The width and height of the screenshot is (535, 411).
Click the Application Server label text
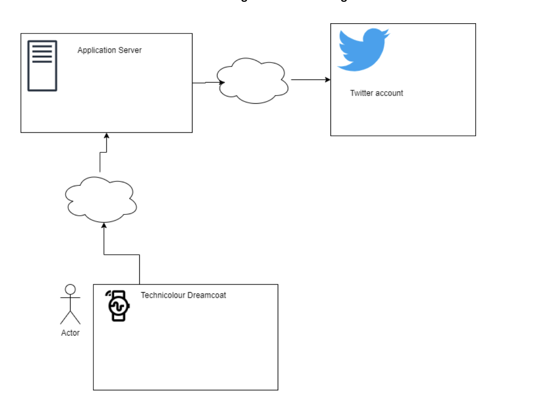[x=109, y=50]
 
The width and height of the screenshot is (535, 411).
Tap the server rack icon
[x=42, y=66]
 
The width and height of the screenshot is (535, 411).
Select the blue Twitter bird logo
[x=363, y=49]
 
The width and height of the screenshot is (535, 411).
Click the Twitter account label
[x=376, y=93]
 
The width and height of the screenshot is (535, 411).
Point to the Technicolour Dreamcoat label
[x=183, y=295]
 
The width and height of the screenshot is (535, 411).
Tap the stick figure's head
[x=70, y=289]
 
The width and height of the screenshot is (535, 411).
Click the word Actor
[x=70, y=332]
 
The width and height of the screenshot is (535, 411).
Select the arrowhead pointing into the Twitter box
[x=328, y=80]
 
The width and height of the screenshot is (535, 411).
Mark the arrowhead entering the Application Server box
[x=106, y=135]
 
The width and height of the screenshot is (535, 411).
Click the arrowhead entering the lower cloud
[x=104, y=225]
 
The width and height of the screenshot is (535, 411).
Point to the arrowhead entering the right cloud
[x=222, y=82]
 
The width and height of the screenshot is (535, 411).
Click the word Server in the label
[x=131, y=50]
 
